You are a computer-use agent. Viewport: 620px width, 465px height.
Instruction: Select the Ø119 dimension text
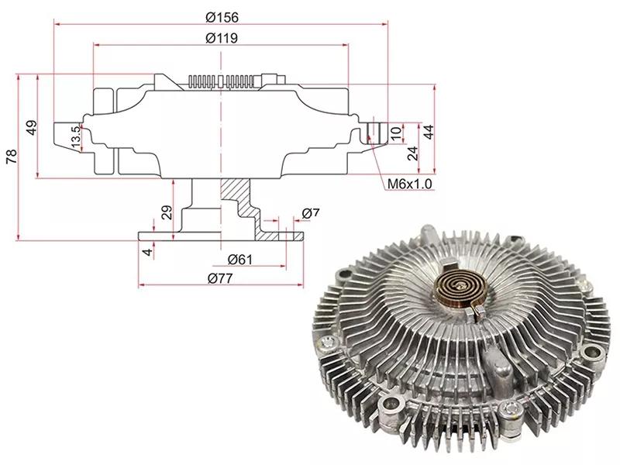point(222,37)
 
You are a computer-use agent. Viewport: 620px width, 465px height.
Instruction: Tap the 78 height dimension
point(10,157)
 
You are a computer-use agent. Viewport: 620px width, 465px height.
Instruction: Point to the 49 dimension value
point(32,127)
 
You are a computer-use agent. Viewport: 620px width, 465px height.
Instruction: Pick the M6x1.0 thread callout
point(411,184)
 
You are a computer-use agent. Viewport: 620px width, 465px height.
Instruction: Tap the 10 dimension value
point(396,133)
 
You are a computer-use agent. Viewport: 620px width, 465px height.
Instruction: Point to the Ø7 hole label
point(311,213)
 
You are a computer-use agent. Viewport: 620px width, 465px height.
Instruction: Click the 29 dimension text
point(166,212)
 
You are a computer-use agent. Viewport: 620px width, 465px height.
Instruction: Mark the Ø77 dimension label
point(222,279)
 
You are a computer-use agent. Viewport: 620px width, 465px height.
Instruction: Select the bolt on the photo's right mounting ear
point(594,353)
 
